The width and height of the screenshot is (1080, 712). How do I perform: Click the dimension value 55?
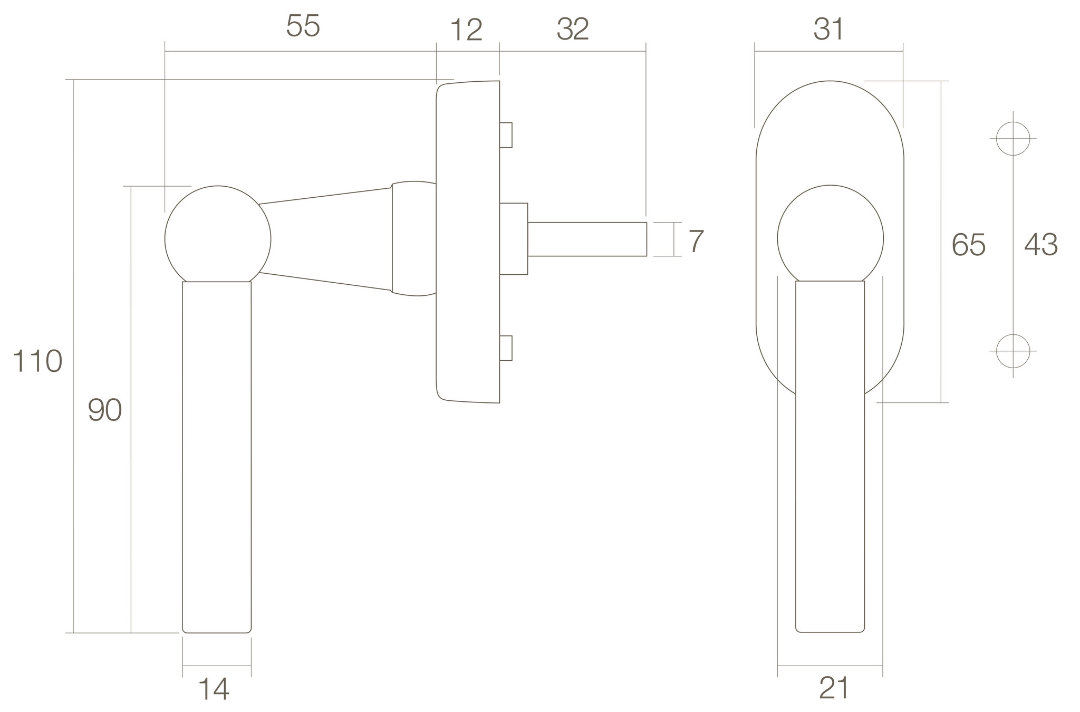[x=303, y=26]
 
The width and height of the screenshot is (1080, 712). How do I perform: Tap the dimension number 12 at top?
[x=467, y=31]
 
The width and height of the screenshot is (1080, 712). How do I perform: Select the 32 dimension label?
[x=573, y=30]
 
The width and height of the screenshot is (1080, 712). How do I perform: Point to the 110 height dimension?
[x=37, y=362]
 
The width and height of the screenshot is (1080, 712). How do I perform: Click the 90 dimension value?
[x=105, y=410]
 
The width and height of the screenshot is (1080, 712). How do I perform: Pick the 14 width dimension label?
[x=214, y=689]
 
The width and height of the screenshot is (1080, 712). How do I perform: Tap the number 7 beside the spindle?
[x=696, y=242]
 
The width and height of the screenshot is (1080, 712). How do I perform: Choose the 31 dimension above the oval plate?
[x=828, y=30]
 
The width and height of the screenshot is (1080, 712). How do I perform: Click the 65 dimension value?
[x=968, y=245]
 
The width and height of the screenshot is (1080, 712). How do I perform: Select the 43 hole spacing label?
[x=1040, y=245]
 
